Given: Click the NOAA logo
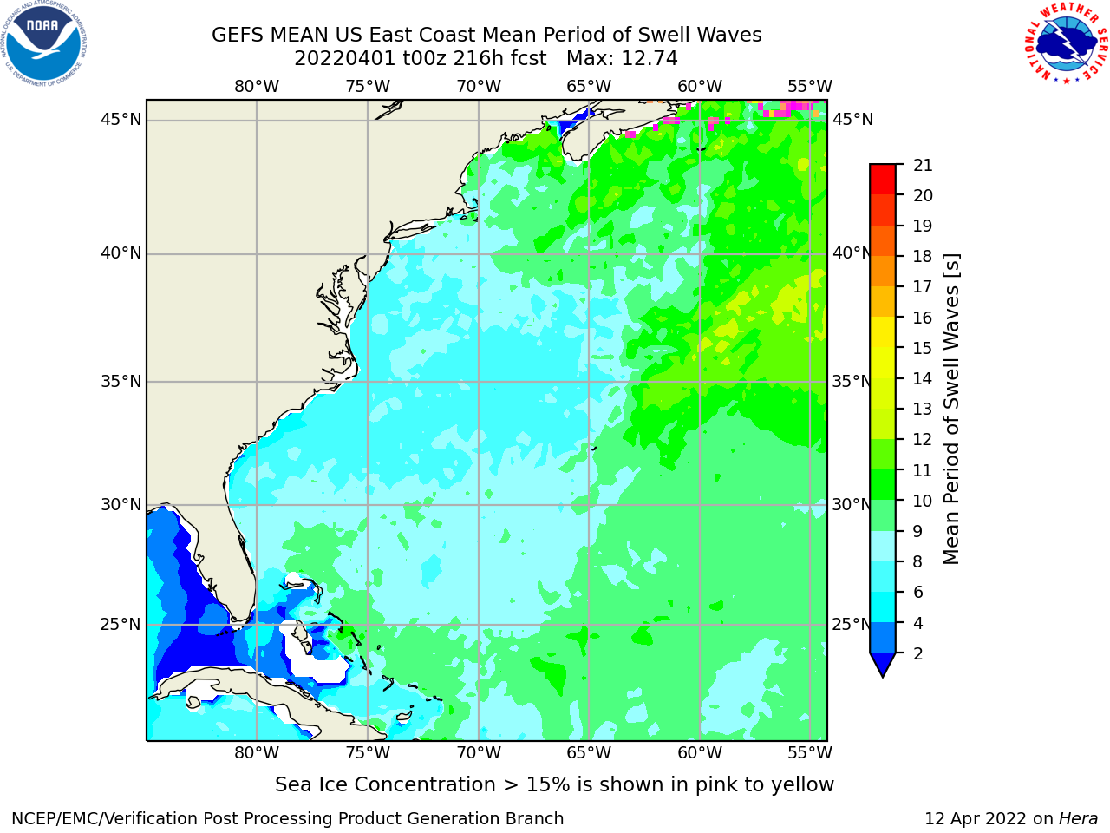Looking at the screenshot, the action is point(44,43).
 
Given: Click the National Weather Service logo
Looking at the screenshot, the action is point(1067,43).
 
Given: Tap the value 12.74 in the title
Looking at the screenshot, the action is point(649,59).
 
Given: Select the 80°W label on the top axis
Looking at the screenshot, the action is point(257,87).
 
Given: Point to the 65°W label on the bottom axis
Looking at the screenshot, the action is point(589,752).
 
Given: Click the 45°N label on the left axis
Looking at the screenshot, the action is point(121,120).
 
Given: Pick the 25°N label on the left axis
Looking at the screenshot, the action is point(121,625).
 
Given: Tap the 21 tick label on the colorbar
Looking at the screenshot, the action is point(923,166).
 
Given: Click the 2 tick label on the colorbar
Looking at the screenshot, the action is point(918,653).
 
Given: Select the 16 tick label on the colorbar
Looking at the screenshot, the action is point(923,318).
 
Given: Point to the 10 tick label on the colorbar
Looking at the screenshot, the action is point(923,501).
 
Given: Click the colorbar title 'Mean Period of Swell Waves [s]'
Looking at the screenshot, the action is point(951,410).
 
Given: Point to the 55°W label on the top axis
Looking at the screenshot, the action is point(810,87).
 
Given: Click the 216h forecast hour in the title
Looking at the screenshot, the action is point(474,59).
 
